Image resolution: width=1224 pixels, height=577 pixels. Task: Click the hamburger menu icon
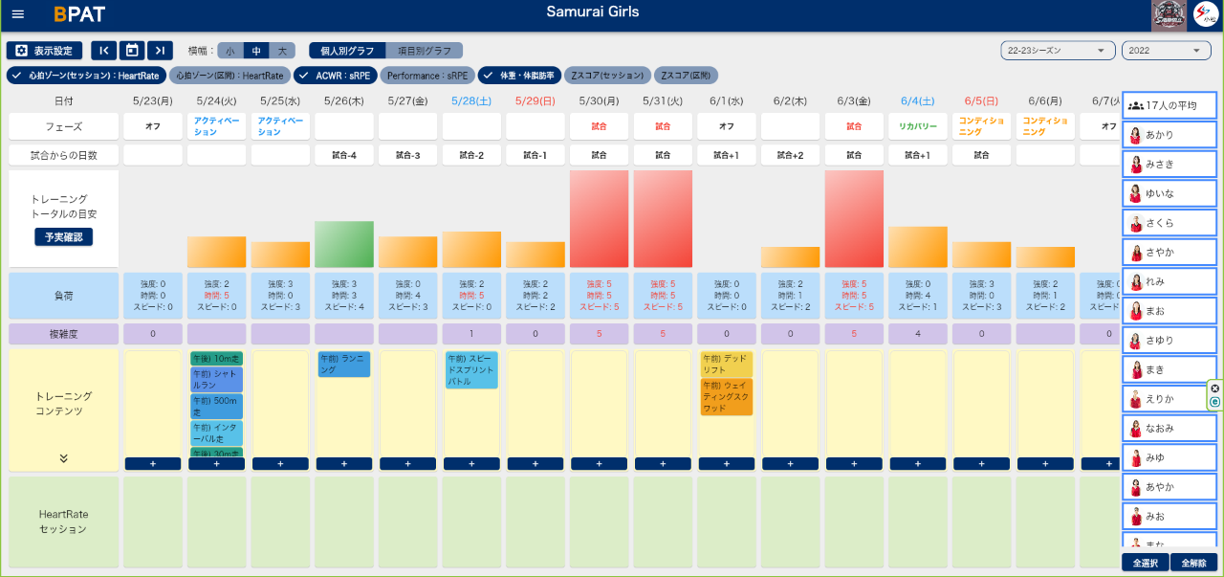(x=18, y=14)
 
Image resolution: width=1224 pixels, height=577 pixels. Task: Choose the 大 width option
(x=282, y=51)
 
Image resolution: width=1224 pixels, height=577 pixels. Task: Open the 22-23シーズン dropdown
(x=1058, y=51)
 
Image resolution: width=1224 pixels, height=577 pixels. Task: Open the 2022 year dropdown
(x=1166, y=51)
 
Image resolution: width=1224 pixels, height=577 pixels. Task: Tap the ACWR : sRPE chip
(x=335, y=75)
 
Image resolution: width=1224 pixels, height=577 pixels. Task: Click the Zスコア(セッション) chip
(x=607, y=75)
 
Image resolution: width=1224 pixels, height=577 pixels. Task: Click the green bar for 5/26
(x=343, y=244)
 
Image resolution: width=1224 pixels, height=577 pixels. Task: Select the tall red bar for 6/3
(x=854, y=219)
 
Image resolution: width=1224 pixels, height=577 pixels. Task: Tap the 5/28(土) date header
(x=471, y=100)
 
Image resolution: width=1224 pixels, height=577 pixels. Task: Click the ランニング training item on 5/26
(x=343, y=364)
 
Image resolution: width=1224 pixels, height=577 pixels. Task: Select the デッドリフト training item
(x=727, y=364)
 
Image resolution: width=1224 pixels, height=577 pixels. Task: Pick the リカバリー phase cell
(x=917, y=126)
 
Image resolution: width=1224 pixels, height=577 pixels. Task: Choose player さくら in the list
(x=1169, y=223)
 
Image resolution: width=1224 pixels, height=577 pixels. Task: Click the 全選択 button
(x=1144, y=563)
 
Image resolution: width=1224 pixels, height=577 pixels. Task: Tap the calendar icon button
(x=133, y=51)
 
